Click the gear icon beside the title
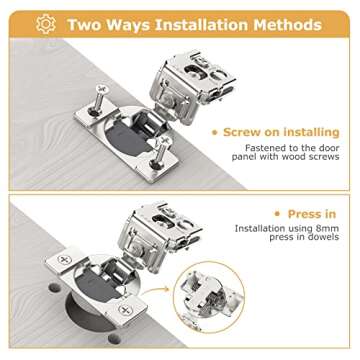click(46, 22)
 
